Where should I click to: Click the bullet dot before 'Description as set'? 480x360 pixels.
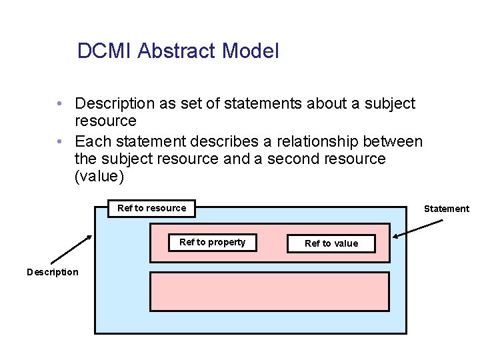pos(60,104)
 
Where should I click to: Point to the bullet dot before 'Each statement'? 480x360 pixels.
pos(60,142)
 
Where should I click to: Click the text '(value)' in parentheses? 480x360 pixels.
pos(99,177)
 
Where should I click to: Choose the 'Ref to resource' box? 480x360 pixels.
pos(152,208)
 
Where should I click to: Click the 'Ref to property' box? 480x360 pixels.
pos(212,243)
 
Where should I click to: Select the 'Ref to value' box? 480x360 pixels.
pos(331,243)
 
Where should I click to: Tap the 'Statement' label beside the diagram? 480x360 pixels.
pos(447,209)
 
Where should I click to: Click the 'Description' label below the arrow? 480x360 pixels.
pos(52,271)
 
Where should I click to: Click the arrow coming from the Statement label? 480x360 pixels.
pos(417,228)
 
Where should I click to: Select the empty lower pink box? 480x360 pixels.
pos(269,291)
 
